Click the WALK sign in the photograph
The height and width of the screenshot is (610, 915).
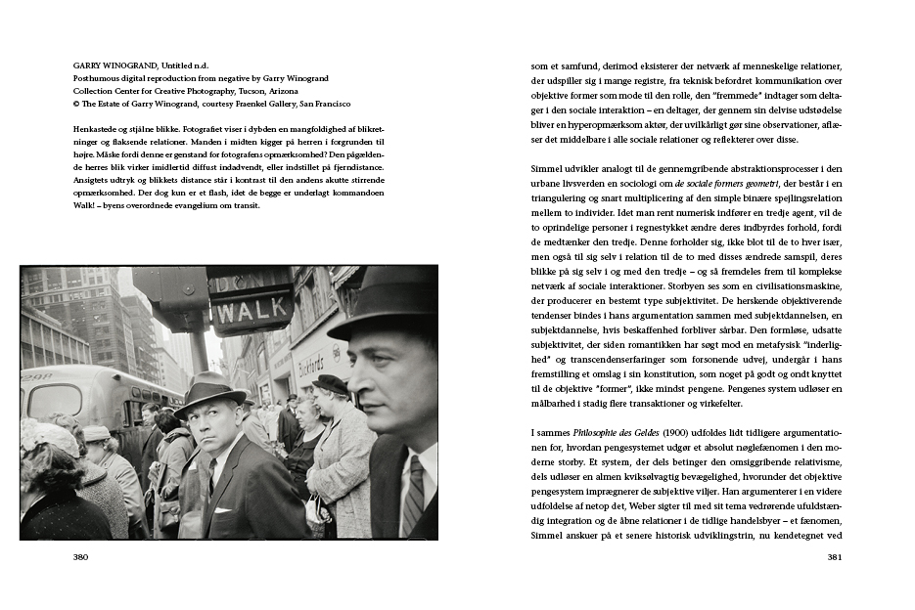(x=250, y=313)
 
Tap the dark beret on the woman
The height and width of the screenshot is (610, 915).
(x=331, y=384)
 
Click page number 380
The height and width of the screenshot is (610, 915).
(x=81, y=557)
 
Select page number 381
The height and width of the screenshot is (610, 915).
(x=834, y=557)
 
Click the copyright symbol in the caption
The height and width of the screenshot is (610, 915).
(x=76, y=104)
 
